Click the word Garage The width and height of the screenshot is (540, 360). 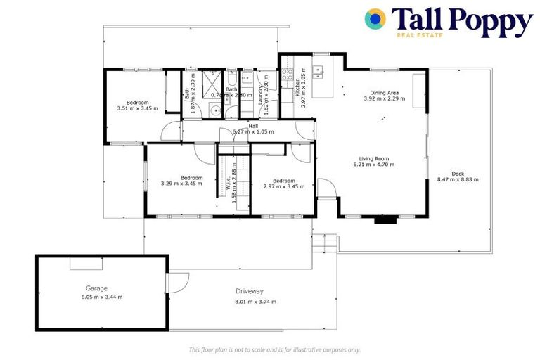pyautogui.click(x=97, y=288)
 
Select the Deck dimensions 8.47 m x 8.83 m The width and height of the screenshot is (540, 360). pyautogui.click(x=457, y=180)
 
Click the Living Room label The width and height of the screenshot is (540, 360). pyautogui.click(x=374, y=158)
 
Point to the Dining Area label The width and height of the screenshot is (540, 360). pyautogui.click(x=385, y=92)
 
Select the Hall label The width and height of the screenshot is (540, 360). pyautogui.click(x=252, y=126)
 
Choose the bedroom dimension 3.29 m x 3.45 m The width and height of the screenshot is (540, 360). pyautogui.click(x=181, y=184)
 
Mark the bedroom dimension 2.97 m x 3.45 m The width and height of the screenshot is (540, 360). pyautogui.click(x=283, y=186)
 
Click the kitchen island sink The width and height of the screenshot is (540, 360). pyautogui.click(x=319, y=71)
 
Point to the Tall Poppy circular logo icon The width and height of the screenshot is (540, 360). pyautogui.click(x=375, y=19)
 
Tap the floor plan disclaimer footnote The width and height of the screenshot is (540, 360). pyautogui.click(x=275, y=349)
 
